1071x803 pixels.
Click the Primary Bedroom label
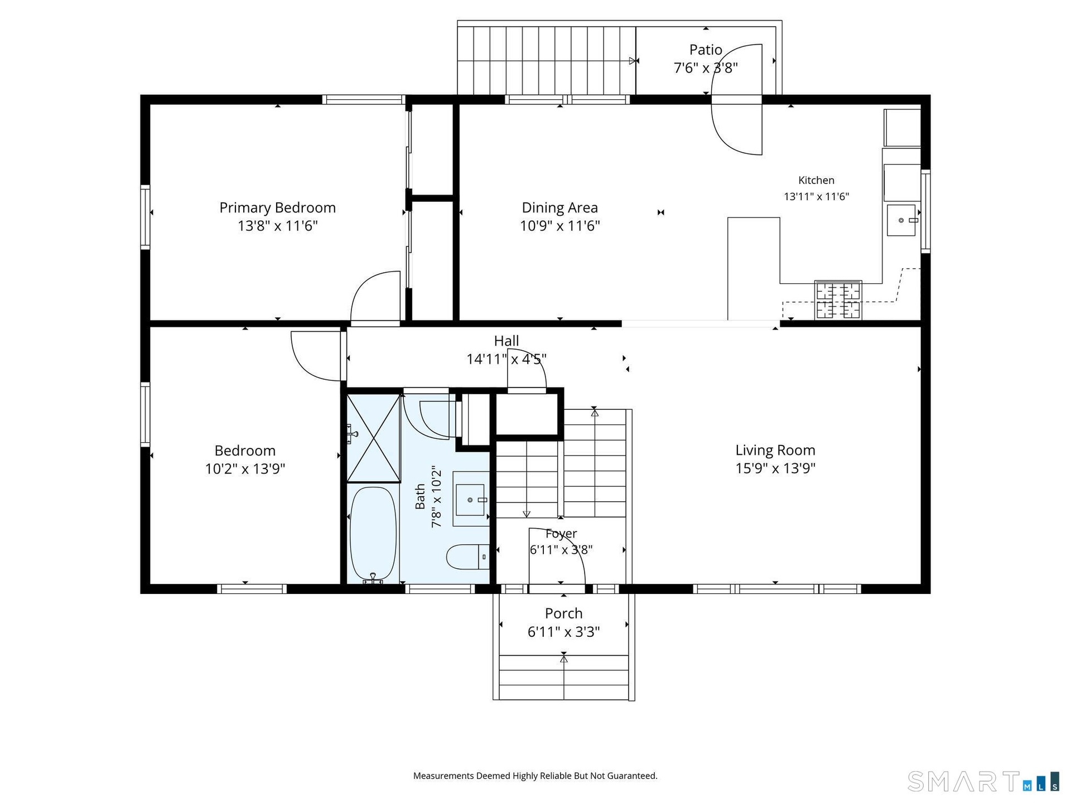pyautogui.click(x=277, y=207)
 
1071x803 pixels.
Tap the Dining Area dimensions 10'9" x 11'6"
pyautogui.click(x=560, y=226)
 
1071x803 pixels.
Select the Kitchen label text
pyautogui.click(x=816, y=180)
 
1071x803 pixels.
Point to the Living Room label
pyautogui.click(x=775, y=450)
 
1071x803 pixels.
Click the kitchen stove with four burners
pyautogui.click(x=838, y=300)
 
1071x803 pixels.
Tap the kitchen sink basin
pyautogui.click(x=901, y=220)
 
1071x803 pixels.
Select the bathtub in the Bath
pyautogui.click(x=373, y=534)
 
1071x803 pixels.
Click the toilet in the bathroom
pyautogui.click(x=467, y=557)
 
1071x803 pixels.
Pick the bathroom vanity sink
pyautogui.click(x=470, y=500)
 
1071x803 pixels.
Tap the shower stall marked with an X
pyautogui.click(x=374, y=438)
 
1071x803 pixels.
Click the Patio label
pyautogui.click(x=706, y=50)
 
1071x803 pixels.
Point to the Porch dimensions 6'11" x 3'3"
pyautogui.click(x=563, y=632)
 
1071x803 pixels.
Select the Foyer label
pyautogui.click(x=561, y=534)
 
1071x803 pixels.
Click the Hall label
pyautogui.click(x=506, y=341)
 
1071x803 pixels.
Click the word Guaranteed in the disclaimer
pyautogui.click(x=632, y=776)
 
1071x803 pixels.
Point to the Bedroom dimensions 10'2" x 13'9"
pyautogui.click(x=245, y=468)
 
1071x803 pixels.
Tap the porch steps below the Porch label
pyautogui.click(x=564, y=677)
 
